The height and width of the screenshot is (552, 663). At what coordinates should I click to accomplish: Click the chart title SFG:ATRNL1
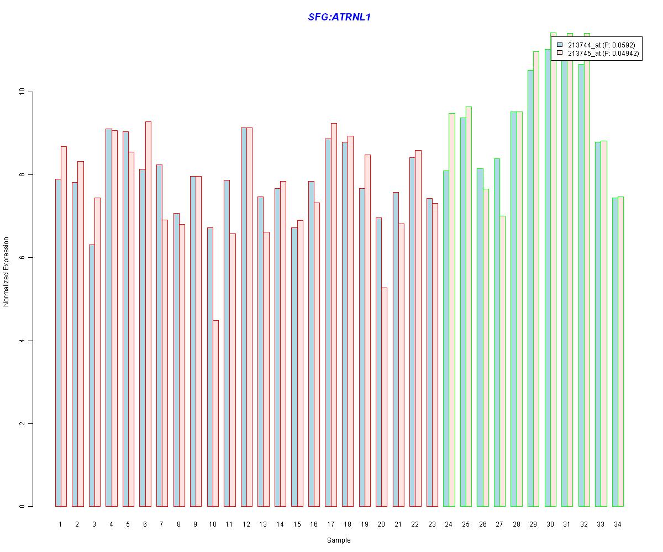coord(339,17)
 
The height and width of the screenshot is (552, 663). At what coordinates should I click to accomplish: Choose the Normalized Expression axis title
coord(6,272)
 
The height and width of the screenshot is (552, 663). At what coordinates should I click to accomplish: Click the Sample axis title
coord(339,540)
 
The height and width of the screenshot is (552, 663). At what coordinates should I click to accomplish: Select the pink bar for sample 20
coord(384,397)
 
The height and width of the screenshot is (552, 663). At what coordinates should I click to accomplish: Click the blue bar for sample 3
coord(92,375)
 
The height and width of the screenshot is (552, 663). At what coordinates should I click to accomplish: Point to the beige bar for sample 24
coord(452,310)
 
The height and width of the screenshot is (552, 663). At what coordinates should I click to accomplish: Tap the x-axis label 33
coord(601,524)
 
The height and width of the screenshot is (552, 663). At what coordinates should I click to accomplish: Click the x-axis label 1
coord(60,524)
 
